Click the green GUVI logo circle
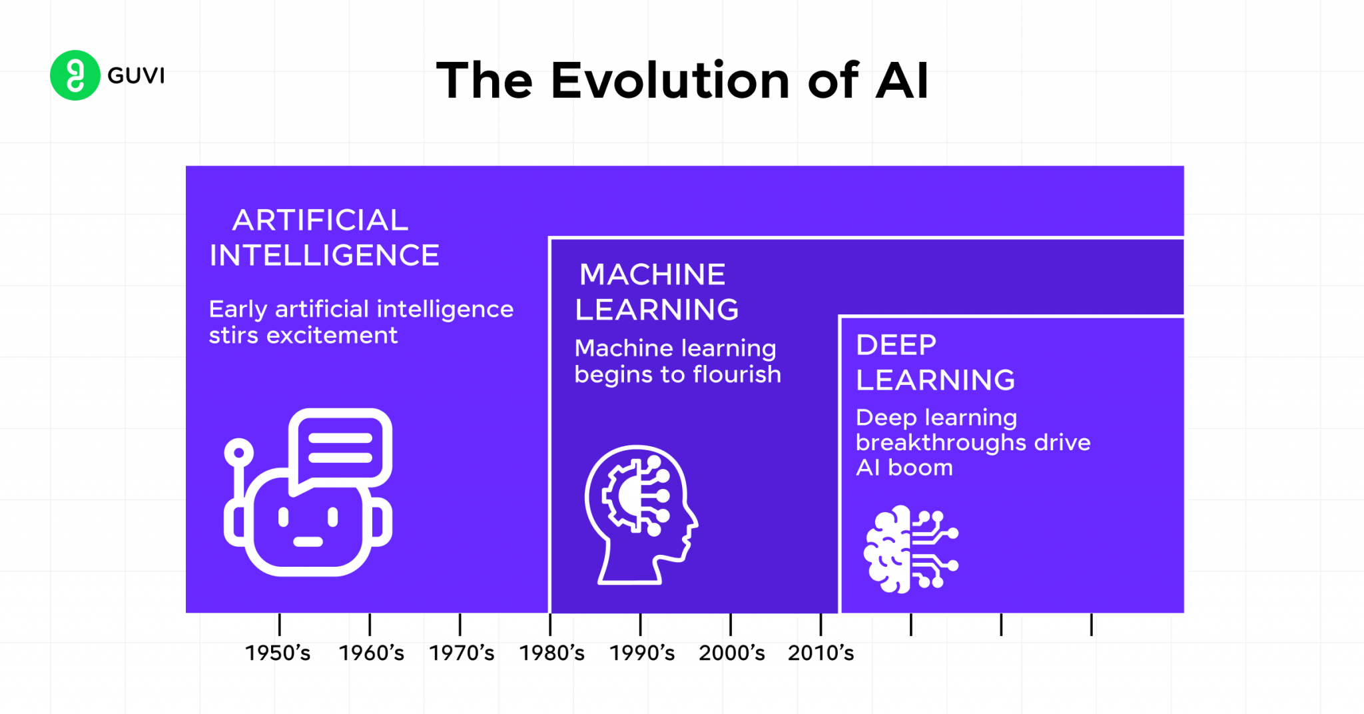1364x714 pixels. pos(75,75)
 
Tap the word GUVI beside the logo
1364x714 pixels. pos(136,76)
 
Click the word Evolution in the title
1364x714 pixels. pos(670,81)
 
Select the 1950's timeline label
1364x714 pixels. pos(278,653)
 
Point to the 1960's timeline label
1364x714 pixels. pos(371,653)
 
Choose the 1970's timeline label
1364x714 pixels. pos(462,653)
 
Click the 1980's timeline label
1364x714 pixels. pos(552,653)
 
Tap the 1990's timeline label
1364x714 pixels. pos(642,653)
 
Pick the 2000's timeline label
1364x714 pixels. pos(732,653)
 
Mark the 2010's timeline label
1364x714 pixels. pos(821,653)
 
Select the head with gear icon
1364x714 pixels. pos(640,514)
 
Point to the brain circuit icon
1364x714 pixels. pos(910,549)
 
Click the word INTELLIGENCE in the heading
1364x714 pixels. pos(324,256)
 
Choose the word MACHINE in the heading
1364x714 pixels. pos(652,274)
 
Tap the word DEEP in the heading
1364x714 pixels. pos(896,345)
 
